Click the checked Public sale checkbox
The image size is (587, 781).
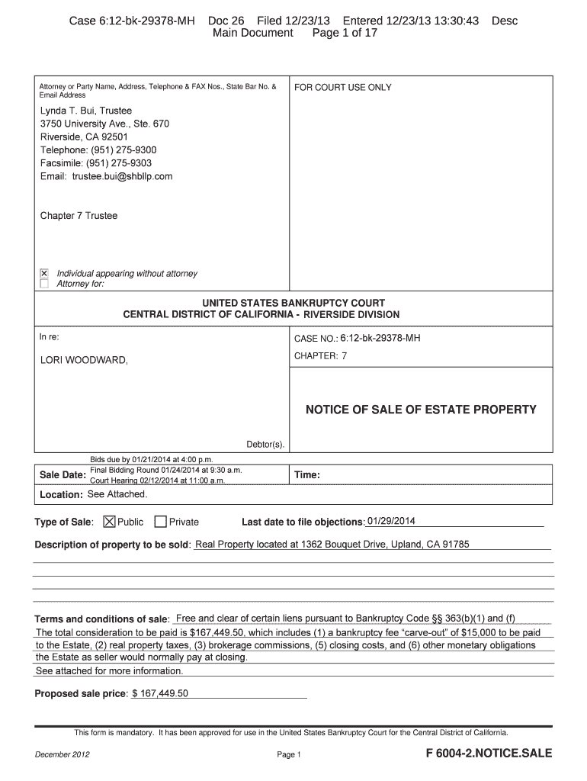click(109, 522)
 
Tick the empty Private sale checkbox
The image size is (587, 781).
click(160, 522)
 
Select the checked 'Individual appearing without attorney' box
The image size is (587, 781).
click(44, 273)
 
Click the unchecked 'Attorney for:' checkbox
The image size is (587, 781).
click(44, 284)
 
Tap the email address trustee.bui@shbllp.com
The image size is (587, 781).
click(123, 176)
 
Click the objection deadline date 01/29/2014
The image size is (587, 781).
click(391, 522)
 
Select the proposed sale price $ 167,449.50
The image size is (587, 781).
click(160, 693)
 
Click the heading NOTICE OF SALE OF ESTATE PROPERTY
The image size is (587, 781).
click(421, 410)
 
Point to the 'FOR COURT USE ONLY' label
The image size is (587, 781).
click(343, 88)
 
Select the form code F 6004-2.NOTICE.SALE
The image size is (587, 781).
click(489, 754)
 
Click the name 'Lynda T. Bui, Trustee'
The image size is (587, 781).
click(86, 111)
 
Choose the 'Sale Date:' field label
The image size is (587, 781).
click(62, 475)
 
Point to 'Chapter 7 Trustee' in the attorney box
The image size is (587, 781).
click(79, 216)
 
